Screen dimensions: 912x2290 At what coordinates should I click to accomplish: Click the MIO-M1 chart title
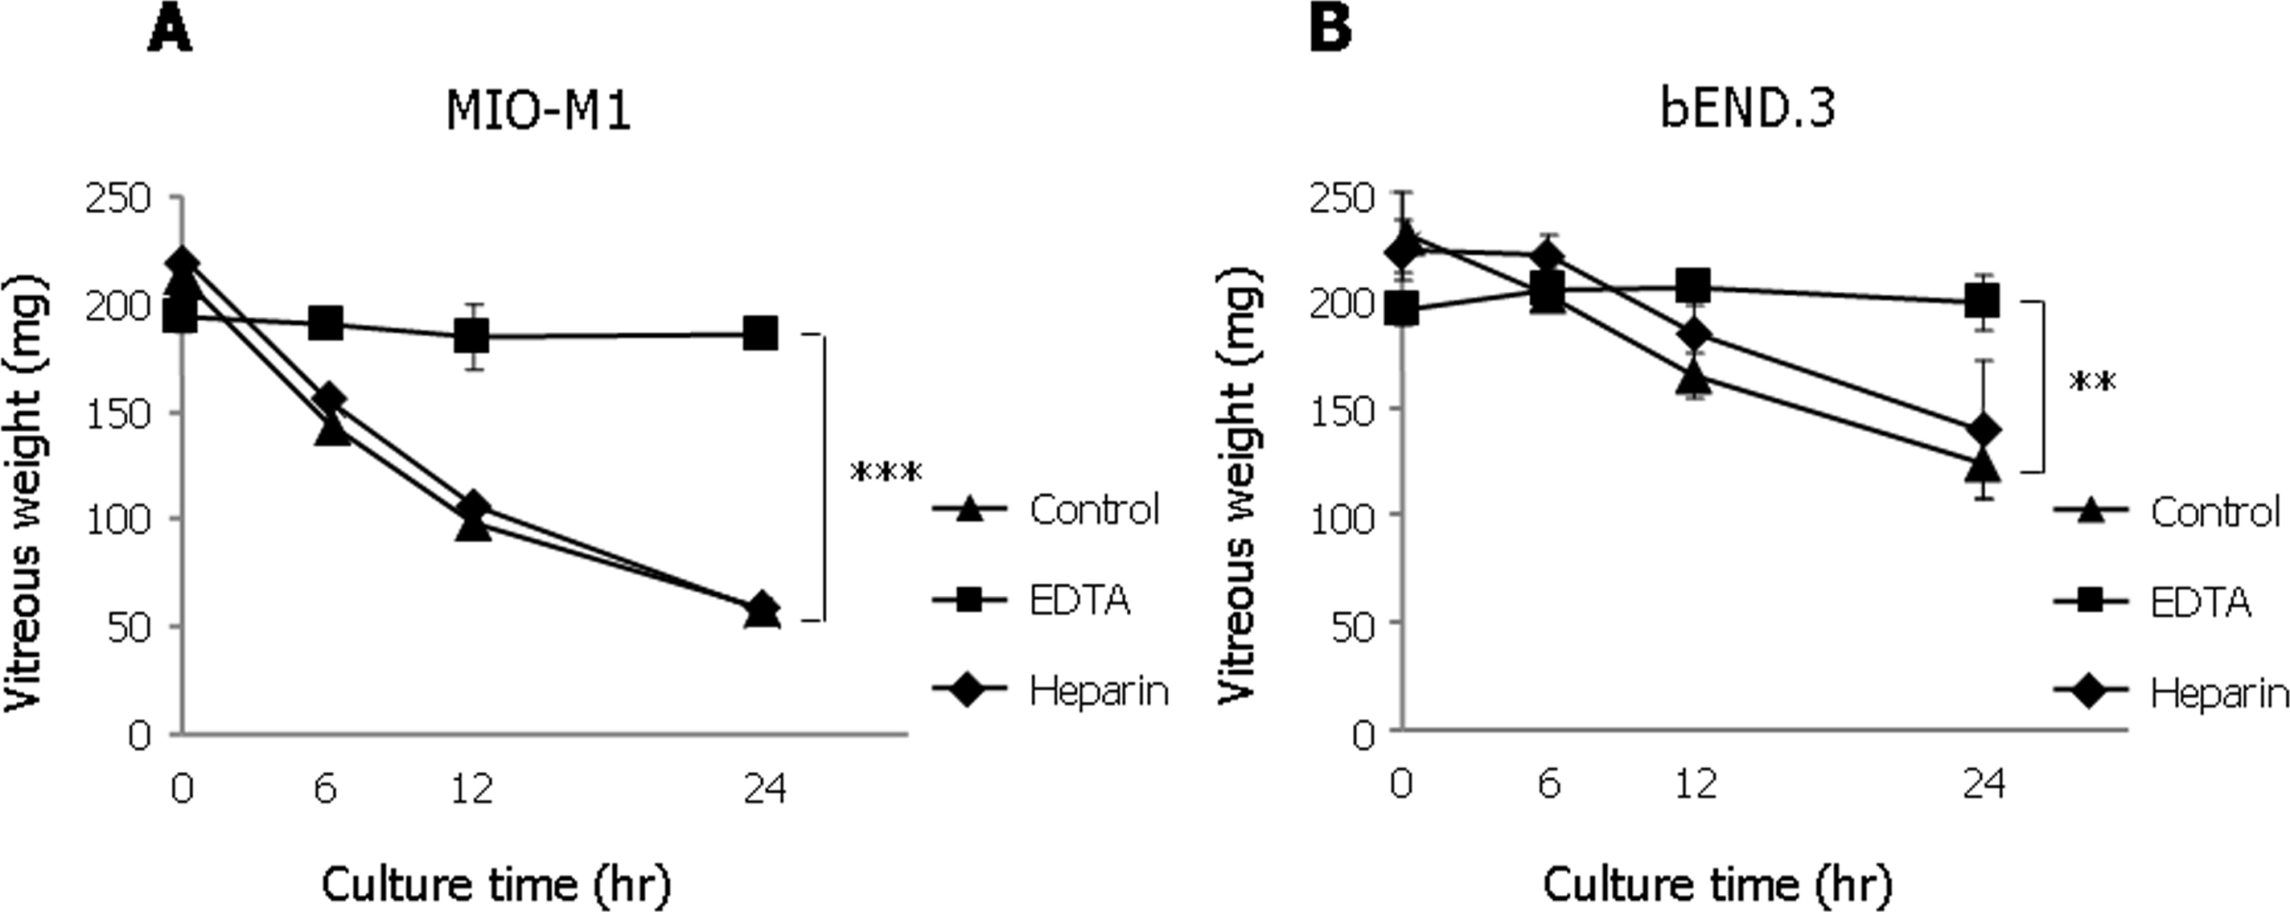(x=539, y=111)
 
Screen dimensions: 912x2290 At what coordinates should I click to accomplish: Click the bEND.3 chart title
(x=1747, y=109)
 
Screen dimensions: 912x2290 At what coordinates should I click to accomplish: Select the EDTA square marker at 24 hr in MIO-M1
(x=760, y=335)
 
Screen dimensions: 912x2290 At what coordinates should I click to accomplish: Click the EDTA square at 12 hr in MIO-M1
(x=471, y=337)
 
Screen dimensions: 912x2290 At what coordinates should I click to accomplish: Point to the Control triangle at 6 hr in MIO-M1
(x=331, y=429)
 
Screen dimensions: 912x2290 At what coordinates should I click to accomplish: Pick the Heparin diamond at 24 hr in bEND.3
(x=1981, y=430)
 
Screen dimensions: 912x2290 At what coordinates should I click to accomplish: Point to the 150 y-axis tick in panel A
(x=117, y=413)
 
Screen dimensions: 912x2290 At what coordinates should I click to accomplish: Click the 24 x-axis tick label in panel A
(x=764, y=787)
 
